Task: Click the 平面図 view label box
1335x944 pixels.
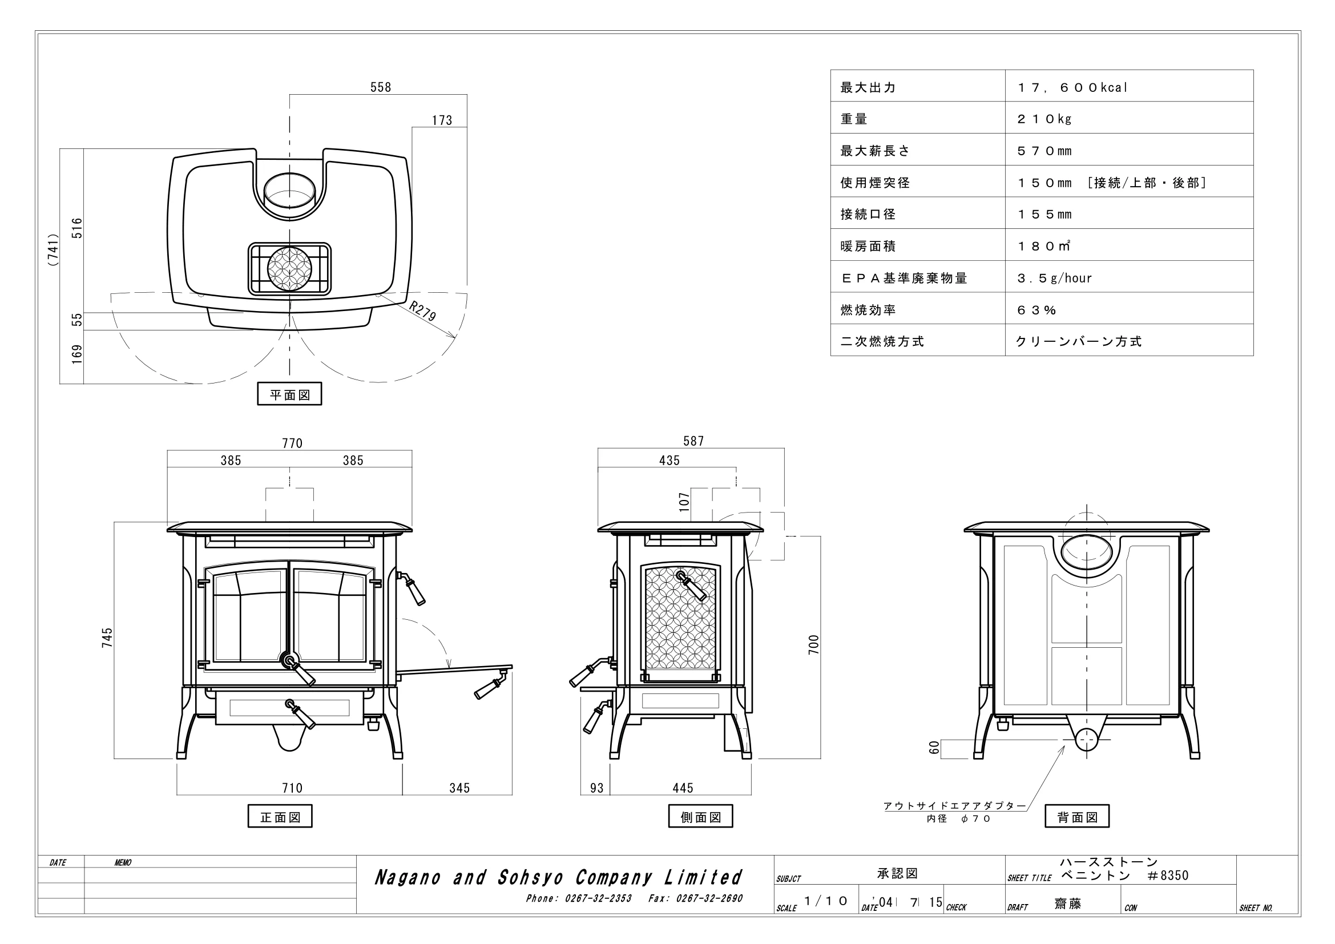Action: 289,394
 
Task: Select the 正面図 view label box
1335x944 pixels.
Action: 280,816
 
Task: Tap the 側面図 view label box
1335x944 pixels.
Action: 701,816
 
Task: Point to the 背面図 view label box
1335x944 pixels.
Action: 1078,816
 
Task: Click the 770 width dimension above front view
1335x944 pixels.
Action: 292,443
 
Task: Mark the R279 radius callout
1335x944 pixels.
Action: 423,311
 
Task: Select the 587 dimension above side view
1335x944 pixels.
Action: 693,441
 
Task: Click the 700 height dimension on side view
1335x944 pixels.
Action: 813,644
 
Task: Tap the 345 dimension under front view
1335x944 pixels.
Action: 459,788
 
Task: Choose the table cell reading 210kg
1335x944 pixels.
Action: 1044,119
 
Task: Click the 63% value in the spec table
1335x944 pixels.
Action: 1036,310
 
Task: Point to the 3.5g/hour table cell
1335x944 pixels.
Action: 1054,278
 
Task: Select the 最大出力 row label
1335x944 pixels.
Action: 868,87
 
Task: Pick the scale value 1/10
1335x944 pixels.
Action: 826,901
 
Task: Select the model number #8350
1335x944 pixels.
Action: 1168,876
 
